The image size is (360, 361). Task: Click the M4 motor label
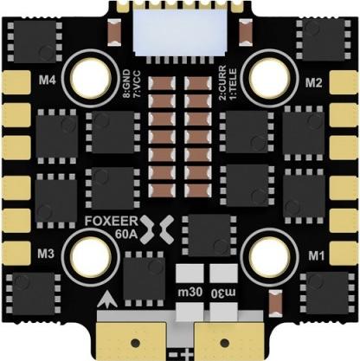[48, 81]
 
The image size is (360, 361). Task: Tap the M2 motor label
[313, 83]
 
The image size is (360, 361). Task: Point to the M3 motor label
[46, 254]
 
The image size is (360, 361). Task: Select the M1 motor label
[317, 255]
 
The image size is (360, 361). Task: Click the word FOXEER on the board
[112, 221]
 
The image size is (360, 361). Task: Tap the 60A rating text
[126, 235]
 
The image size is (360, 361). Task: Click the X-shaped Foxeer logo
[157, 229]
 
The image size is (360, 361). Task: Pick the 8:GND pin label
[126, 83]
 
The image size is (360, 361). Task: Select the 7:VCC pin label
[137, 83]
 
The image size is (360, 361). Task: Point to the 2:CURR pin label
[222, 83]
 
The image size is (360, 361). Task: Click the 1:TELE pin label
[232, 84]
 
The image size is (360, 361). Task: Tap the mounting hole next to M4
[91, 78]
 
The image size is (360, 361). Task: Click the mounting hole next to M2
[270, 78]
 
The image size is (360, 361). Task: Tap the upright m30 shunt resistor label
[190, 293]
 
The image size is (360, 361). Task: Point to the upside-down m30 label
[223, 293]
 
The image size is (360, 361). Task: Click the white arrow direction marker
[107, 300]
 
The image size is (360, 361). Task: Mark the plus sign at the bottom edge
[188, 353]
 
